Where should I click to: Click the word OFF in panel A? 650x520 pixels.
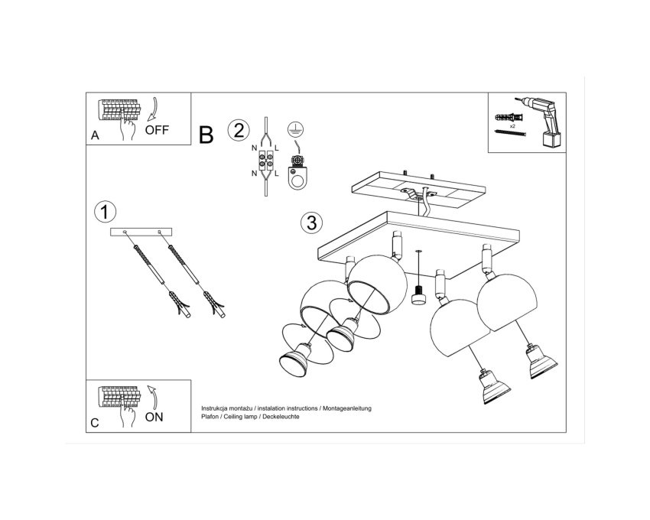tap(157, 130)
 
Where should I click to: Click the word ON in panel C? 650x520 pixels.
tap(154, 417)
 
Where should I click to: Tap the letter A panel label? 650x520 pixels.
tap(95, 135)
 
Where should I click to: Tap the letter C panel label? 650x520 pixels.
tap(95, 423)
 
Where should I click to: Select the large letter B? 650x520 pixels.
tap(206, 135)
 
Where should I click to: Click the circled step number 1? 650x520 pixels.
tap(106, 212)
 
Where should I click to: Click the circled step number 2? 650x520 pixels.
tap(239, 130)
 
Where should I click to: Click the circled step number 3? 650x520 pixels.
tap(311, 223)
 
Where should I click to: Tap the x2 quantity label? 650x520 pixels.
tap(512, 125)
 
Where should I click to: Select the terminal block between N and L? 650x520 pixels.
tap(265, 161)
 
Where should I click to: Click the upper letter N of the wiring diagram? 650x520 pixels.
tap(254, 148)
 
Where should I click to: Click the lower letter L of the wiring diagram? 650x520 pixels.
tap(277, 174)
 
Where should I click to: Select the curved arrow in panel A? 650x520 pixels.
tap(152, 109)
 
